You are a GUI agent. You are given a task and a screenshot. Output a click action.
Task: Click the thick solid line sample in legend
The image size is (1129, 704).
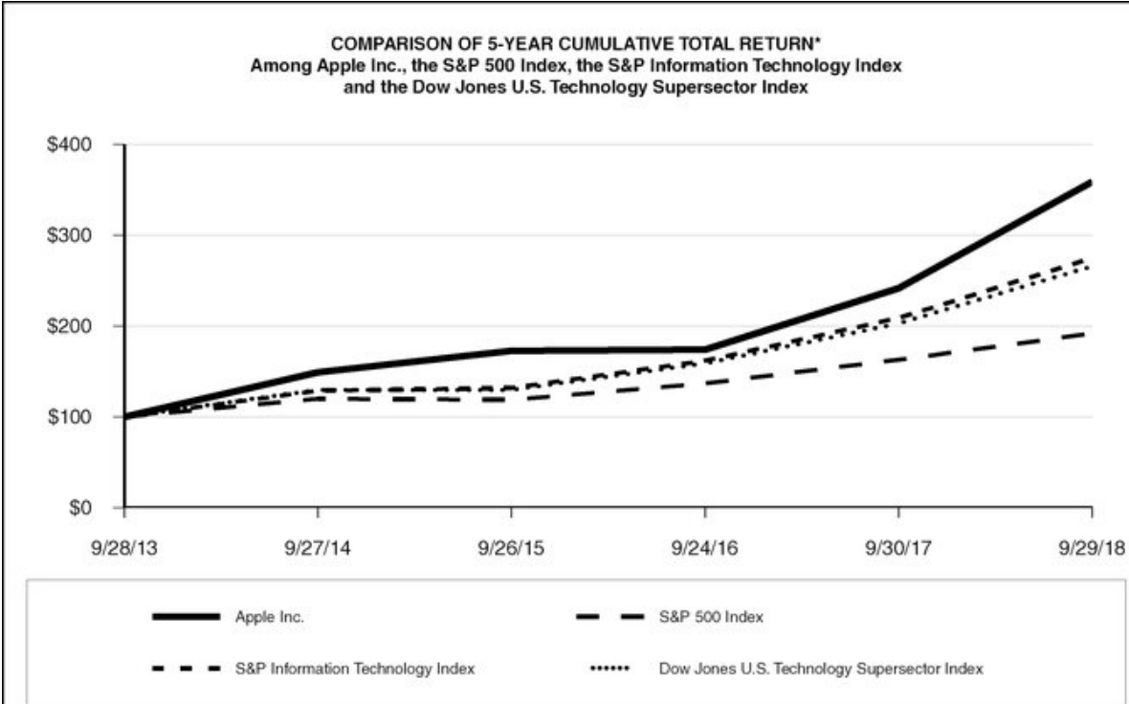(x=188, y=618)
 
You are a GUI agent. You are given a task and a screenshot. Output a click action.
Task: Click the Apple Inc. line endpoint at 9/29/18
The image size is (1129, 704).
(x=1091, y=182)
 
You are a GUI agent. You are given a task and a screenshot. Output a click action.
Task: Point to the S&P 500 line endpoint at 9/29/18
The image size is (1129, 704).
(x=1091, y=333)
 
